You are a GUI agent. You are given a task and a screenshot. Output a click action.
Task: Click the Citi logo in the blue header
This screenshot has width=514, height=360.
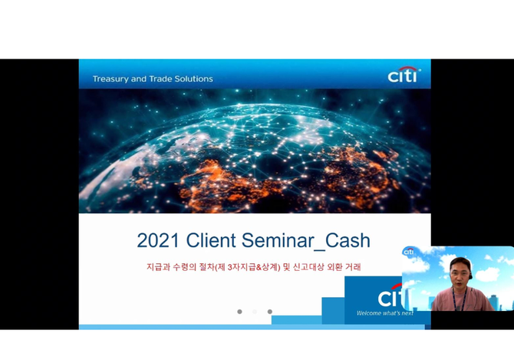tap(404, 74)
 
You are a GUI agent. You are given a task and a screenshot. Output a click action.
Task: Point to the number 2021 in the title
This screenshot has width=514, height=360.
tap(158, 240)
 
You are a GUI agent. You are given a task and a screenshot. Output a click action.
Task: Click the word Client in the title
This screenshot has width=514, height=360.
tap(211, 240)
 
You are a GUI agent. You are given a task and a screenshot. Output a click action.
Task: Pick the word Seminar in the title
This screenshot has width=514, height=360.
tap(278, 240)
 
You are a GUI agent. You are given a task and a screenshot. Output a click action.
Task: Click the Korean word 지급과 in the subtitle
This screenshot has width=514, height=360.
tap(158, 267)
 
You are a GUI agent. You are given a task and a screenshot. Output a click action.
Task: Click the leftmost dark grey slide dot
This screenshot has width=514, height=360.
tap(239, 312)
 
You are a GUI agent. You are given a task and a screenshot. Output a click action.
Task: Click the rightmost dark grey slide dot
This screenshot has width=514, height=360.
tap(270, 312)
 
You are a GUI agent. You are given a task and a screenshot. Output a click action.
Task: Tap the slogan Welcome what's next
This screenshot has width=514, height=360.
tap(385, 313)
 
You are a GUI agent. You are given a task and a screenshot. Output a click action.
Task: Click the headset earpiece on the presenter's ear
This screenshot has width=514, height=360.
tap(471, 276)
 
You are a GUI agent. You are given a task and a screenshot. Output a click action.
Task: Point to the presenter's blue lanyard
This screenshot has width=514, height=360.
tap(460, 299)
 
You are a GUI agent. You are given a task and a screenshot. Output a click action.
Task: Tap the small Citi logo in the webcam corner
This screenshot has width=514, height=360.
tap(408, 252)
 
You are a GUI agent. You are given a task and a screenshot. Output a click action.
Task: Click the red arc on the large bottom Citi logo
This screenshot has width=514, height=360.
tap(397, 286)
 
